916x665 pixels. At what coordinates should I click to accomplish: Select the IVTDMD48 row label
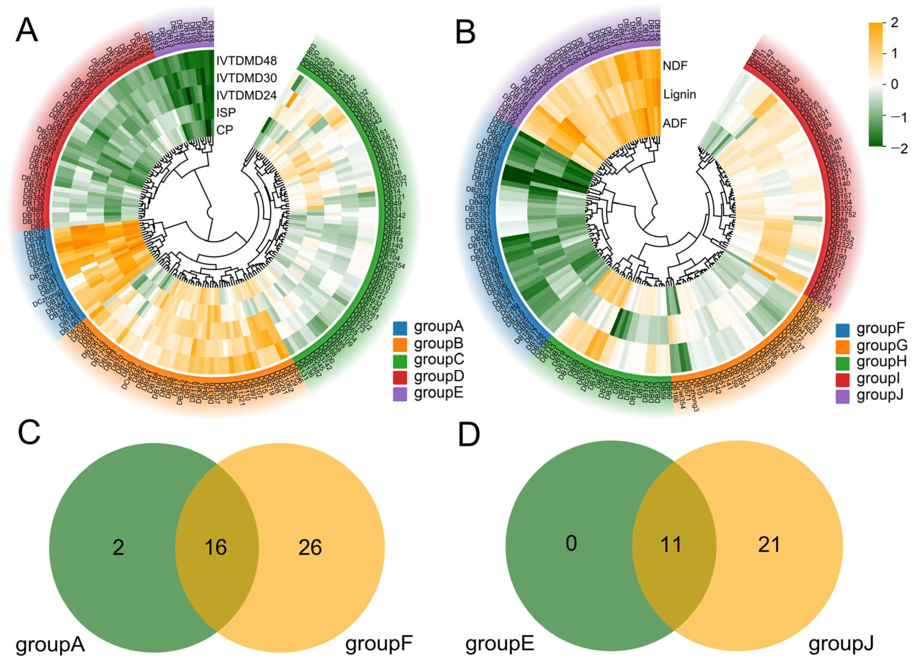tap(246, 61)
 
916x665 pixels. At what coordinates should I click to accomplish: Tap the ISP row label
tap(226, 112)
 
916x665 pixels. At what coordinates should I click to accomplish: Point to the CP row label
tap(224, 130)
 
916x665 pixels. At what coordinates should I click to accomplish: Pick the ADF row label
tap(675, 123)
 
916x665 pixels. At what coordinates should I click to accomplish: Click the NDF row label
tap(675, 65)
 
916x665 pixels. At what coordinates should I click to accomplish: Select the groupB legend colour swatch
tap(400, 344)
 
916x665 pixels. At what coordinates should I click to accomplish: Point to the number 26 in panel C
tap(310, 548)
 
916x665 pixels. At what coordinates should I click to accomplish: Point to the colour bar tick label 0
tap(894, 84)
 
